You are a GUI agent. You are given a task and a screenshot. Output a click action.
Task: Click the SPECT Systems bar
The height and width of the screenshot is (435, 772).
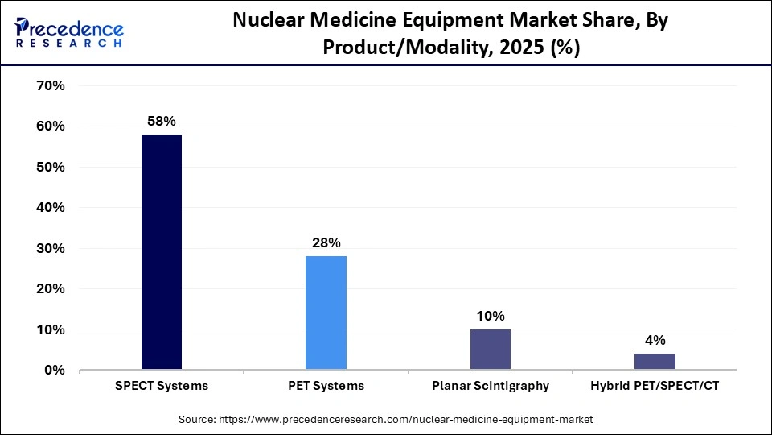click(162, 252)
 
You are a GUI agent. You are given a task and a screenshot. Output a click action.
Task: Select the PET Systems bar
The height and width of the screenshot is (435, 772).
click(326, 313)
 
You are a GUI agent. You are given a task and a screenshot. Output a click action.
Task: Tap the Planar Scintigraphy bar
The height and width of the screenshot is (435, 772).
click(490, 350)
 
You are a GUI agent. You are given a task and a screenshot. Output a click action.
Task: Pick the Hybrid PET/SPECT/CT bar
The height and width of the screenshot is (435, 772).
click(654, 362)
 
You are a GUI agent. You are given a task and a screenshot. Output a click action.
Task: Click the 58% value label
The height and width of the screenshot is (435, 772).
click(162, 121)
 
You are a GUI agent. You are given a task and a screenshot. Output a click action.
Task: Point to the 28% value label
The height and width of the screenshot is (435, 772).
click(326, 242)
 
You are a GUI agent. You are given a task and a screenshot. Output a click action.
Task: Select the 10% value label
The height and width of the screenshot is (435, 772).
click(490, 316)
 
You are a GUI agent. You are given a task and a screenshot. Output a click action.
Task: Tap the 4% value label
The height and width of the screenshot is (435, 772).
click(654, 340)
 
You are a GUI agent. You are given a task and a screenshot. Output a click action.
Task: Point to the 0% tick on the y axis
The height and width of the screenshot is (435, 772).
click(53, 371)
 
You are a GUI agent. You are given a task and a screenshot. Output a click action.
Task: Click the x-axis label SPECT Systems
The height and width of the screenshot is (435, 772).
click(162, 386)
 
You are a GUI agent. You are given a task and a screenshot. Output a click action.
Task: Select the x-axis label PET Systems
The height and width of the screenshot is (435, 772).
click(326, 386)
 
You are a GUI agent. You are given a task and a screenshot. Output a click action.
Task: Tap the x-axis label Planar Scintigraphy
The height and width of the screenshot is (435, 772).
click(490, 386)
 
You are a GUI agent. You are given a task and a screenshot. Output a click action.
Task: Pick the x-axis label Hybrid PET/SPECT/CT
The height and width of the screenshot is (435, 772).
click(654, 386)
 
